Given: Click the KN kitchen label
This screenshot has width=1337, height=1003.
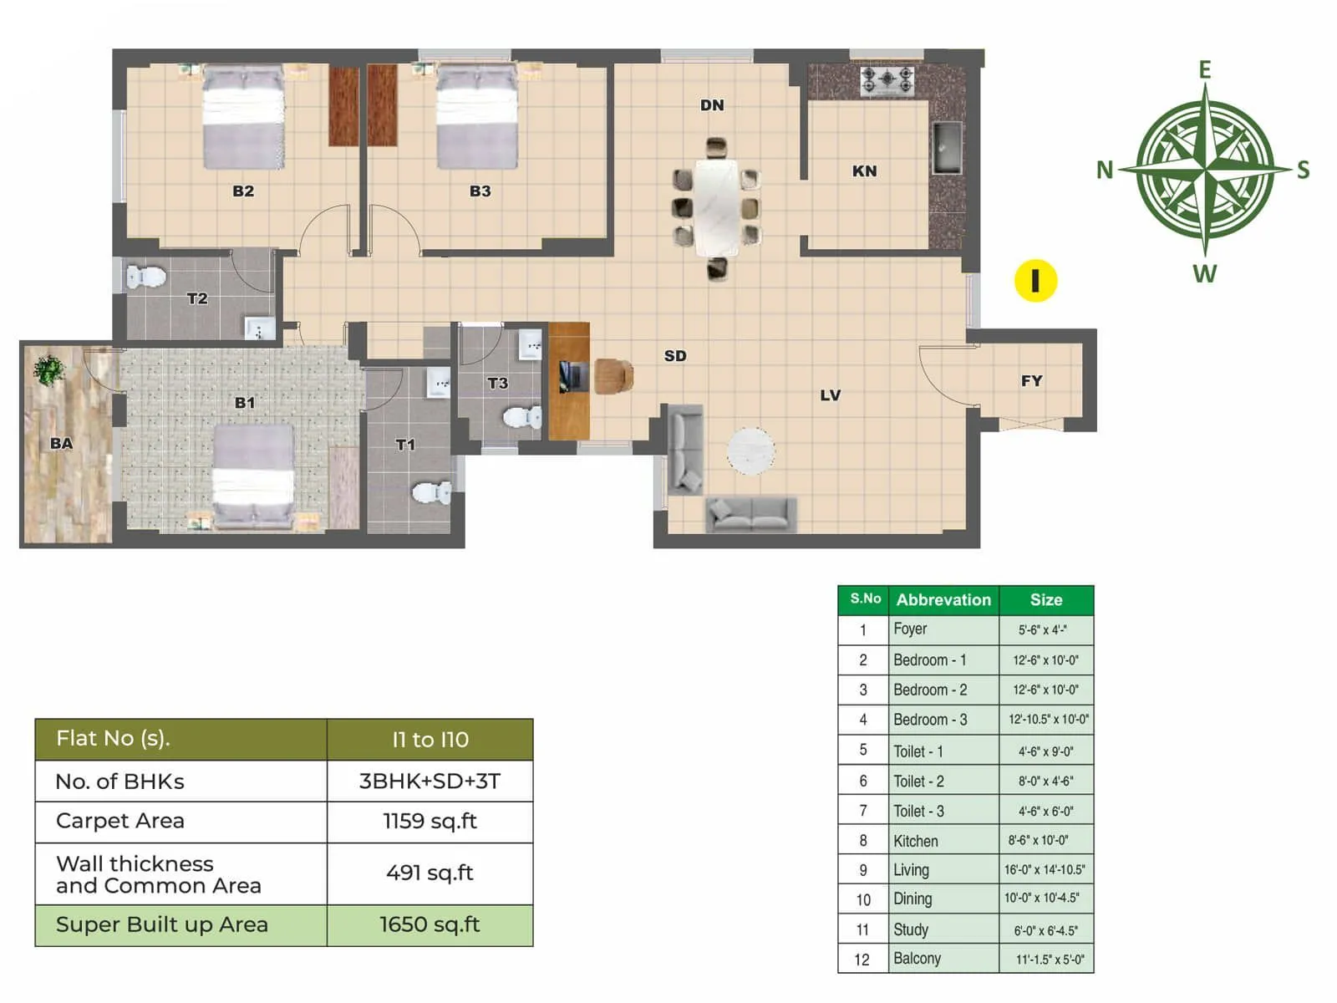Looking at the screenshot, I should click(x=864, y=171).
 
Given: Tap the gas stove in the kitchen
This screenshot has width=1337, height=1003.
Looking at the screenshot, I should click(x=887, y=81).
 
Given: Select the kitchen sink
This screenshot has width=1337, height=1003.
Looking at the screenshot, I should click(x=946, y=148).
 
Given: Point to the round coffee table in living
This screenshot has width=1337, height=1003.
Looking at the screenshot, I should click(x=750, y=451).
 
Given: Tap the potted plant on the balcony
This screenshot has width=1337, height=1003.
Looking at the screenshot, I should click(x=48, y=369).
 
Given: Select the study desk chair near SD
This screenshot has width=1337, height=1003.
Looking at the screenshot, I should click(x=613, y=376).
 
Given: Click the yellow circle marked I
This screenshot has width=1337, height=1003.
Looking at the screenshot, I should click(x=1035, y=281).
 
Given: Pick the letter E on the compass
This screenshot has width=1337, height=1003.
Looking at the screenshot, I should click(x=1204, y=69).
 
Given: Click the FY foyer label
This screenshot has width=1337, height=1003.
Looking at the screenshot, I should click(x=1031, y=380).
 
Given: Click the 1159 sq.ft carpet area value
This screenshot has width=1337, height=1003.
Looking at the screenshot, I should click(x=430, y=821).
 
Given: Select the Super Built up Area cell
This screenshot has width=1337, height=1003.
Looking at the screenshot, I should click(x=162, y=924).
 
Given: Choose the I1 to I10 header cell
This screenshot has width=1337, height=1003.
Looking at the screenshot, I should click(x=430, y=739).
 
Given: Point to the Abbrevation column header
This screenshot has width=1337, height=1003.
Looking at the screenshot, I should click(x=943, y=599).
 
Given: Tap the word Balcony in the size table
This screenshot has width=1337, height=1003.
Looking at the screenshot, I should click(x=917, y=959).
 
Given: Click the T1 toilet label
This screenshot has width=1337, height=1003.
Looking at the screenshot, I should click(x=405, y=445).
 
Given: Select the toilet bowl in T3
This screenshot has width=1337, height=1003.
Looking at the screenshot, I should click(x=523, y=417).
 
